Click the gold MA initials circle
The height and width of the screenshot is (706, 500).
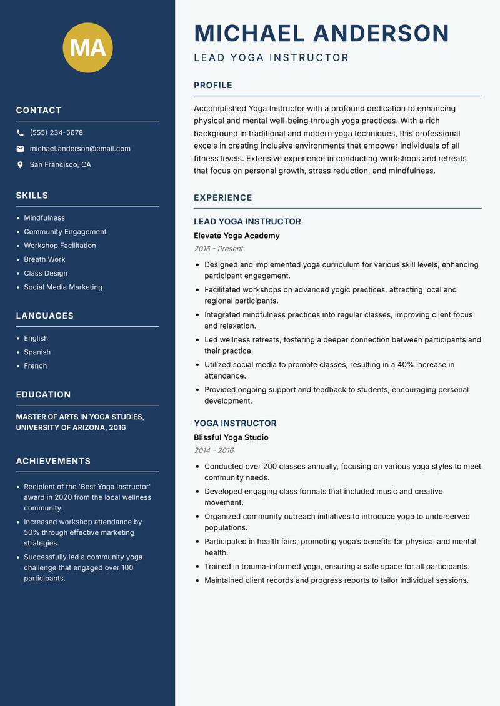tap(87, 47)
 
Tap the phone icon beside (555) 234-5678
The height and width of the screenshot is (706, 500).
tap(20, 133)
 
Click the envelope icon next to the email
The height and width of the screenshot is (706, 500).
tap(20, 149)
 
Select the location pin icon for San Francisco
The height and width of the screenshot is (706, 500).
tap(20, 165)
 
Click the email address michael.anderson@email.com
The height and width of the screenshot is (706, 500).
tap(80, 149)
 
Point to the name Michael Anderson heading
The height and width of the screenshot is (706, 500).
tap(321, 33)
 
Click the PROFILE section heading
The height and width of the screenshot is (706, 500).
tap(212, 85)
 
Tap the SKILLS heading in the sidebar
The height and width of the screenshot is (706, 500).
tap(32, 196)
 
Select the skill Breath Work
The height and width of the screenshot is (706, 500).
tap(44, 259)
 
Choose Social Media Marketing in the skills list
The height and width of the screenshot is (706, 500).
tap(63, 287)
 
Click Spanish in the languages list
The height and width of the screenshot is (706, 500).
tap(37, 352)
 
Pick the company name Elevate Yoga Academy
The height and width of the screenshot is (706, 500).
tap(236, 236)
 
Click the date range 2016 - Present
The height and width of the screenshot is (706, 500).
tap(218, 249)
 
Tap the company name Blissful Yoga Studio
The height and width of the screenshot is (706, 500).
tap(231, 437)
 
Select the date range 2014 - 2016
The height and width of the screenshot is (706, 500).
tap(213, 450)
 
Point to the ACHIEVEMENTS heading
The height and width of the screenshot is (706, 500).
tap(53, 461)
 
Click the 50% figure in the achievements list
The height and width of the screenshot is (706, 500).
tap(32, 532)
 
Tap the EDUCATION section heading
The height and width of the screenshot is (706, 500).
tap(43, 395)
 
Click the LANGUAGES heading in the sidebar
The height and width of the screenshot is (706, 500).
tap(44, 316)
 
